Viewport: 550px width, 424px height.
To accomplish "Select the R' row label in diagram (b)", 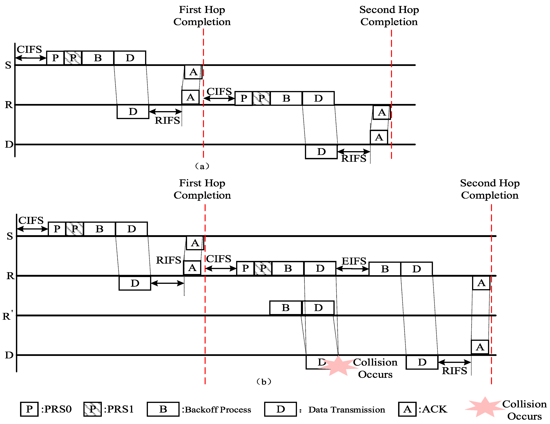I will point(8,316).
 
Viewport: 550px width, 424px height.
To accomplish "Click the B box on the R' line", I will point(285,308).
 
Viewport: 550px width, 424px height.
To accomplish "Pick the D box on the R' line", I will point(318,308).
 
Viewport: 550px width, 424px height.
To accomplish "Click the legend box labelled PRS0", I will point(29,409).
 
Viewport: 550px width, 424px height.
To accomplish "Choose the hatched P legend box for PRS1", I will point(92,409).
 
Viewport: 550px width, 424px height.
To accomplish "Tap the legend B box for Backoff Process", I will point(163,409).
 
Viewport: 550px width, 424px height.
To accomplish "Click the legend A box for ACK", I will point(407,409).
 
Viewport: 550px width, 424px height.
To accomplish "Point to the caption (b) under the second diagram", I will point(263,382).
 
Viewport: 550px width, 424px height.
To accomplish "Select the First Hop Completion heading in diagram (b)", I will point(202,189).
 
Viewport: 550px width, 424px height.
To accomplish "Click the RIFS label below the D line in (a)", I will point(354,159).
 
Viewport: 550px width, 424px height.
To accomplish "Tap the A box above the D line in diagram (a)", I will point(379,137).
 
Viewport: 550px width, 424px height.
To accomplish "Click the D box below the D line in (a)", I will point(321,152).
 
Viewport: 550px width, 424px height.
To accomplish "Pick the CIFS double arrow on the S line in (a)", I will point(31,58).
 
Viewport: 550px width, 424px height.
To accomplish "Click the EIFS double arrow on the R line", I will point(352,269).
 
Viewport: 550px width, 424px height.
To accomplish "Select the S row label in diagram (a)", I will point(8,65).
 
